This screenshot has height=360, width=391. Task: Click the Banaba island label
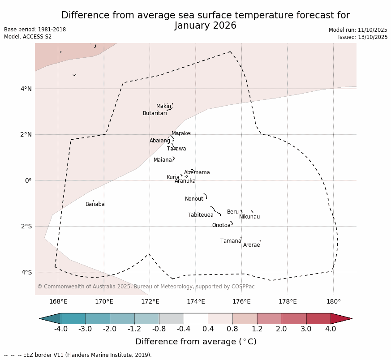95,204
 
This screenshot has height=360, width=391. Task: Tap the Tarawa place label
176,149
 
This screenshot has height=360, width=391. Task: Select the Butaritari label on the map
155,113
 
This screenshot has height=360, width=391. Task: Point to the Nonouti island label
195,199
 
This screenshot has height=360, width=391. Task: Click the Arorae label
251,245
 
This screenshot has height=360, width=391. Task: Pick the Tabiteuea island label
200,215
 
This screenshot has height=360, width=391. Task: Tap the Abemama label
197,172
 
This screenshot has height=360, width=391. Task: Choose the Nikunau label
249,217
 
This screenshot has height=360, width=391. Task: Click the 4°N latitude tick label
26,89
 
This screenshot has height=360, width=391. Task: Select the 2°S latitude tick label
26,226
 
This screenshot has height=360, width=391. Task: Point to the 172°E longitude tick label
150,301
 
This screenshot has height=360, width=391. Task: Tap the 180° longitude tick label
333,301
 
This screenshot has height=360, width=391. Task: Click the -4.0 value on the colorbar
61,329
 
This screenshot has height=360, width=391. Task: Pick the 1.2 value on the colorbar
257,329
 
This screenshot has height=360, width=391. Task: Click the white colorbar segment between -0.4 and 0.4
196,318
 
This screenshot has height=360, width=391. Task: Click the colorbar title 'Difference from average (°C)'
196,342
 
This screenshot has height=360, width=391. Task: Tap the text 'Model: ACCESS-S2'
28,37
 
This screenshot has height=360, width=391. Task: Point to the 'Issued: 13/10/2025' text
362,37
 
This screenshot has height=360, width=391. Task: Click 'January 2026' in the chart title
205,26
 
